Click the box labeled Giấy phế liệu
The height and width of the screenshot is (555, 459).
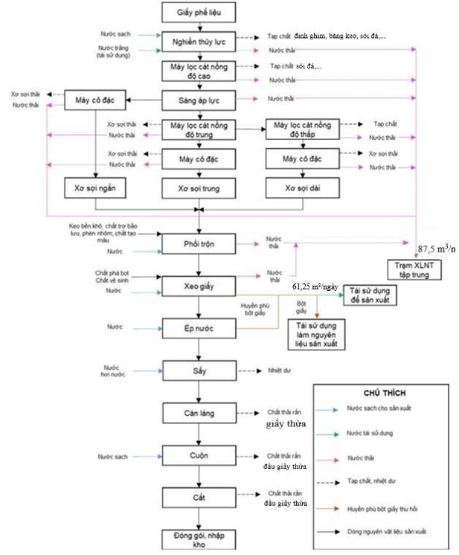199,13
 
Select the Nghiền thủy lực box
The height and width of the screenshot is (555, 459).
199,42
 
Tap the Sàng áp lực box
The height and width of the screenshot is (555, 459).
199,99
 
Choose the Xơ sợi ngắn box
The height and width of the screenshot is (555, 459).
94,188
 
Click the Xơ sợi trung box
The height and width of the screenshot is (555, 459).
199,188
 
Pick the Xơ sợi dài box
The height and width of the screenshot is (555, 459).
303,188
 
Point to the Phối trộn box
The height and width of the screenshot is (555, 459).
199,244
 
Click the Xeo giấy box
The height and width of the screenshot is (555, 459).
199,286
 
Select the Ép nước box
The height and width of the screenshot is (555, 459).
199,327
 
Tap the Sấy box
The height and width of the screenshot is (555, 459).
199,370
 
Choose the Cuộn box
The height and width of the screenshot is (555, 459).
199,454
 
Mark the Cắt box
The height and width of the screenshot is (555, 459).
199,495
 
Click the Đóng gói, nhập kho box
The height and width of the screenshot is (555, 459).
199,539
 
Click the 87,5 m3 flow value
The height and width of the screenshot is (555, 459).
436,249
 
